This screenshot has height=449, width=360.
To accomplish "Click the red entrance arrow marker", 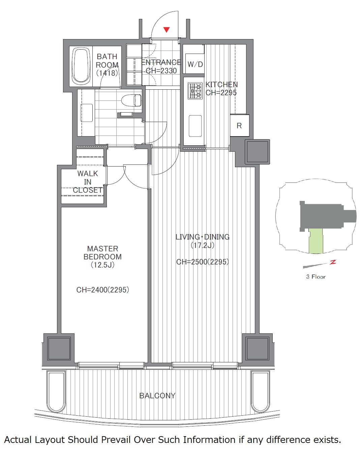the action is [166, 30].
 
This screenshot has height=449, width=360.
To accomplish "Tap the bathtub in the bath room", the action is [81, 65].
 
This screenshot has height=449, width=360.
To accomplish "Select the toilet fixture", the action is [131, 100].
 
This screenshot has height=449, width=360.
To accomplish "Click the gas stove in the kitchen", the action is [195, 91].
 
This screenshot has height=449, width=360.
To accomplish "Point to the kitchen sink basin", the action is [195, 126].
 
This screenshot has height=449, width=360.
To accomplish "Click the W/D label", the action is [195, 64].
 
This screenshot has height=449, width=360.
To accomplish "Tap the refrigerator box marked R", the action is [239, 125].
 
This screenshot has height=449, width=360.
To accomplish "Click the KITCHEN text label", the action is [221, 85].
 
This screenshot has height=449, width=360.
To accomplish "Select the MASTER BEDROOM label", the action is [102, 252].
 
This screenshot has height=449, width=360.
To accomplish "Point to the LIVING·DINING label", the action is [203, 237].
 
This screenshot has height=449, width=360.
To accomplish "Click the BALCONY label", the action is [157, 396].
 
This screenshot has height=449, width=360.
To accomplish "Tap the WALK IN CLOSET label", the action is [88, 182].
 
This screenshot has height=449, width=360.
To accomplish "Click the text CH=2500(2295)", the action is [203, 262].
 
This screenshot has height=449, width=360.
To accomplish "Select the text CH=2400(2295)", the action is [102, 290].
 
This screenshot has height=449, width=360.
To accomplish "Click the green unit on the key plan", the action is [316, 241].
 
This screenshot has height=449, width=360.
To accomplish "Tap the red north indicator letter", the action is [333, 262].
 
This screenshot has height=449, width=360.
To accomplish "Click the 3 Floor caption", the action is [316, 277].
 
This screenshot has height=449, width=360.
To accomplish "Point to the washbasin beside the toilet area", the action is [87, 113].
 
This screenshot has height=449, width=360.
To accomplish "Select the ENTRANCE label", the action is [161, 62].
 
